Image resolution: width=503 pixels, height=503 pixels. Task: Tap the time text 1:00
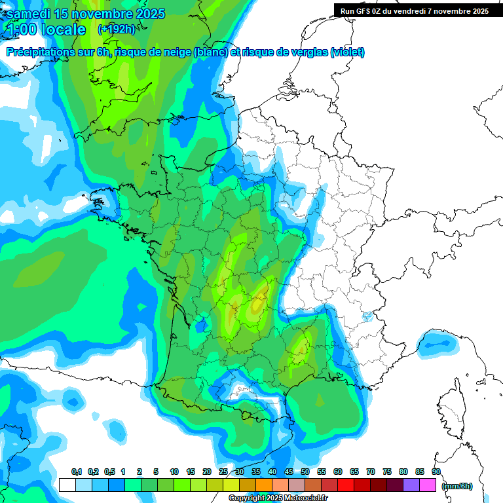(21, 29)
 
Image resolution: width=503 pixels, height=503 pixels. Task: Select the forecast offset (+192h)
(116, 29)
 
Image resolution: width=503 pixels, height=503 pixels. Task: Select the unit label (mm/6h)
(457, 486)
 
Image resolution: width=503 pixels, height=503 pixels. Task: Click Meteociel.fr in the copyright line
(305, 498)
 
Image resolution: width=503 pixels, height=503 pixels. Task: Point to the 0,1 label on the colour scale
(76, 472)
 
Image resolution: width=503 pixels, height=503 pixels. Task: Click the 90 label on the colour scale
(436, 472)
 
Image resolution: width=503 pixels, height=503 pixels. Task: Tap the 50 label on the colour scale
(305, 472)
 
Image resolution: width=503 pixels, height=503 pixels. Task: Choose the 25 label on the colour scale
(223, 472)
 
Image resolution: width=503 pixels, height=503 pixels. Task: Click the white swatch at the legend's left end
(67, 485)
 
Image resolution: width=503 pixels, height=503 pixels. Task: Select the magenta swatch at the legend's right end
(428, 485)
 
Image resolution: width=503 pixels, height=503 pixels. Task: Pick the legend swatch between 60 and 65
(346, 485)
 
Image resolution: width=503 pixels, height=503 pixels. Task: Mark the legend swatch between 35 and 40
(264, 485)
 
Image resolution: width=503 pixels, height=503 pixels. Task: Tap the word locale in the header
(63, 29)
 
